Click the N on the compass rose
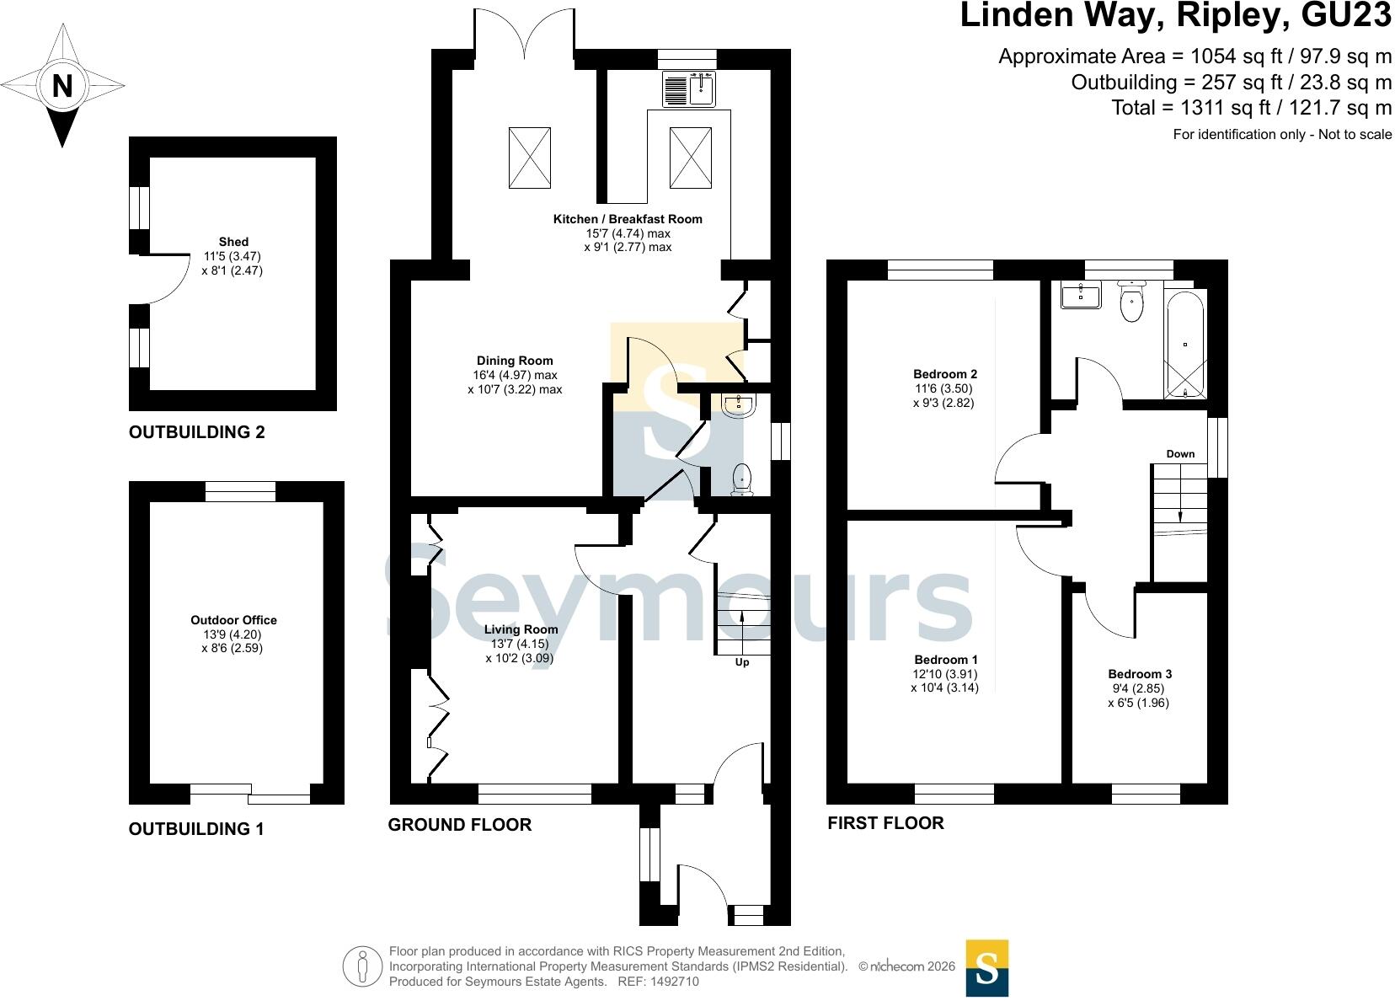click(x=62, y=86)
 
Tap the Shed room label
click(x=233, y=242)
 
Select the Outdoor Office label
click(x=233, y=620)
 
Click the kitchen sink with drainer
click(x=689, y=89)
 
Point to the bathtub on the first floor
click(x=1184, y=345)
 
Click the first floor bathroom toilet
click(x=1131, y=301)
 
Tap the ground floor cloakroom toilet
click(x=741, y=479)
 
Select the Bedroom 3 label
click(x=1140, y=674)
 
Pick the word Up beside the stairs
click(x=741, y=662)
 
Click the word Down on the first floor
click(x=1180, y=454)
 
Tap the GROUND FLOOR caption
click(x=460, y=825)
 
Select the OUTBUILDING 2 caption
click(x=197, y=431)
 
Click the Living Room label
click(x=521, y=629)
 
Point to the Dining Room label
click(x=515, y=361)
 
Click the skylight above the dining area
click(x=529, y=158)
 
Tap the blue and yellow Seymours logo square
click(x=987, y=969)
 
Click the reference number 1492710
click(x=675, y=982)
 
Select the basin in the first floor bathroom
click(x=1081, y=295)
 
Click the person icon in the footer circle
click(x=362, y=966)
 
